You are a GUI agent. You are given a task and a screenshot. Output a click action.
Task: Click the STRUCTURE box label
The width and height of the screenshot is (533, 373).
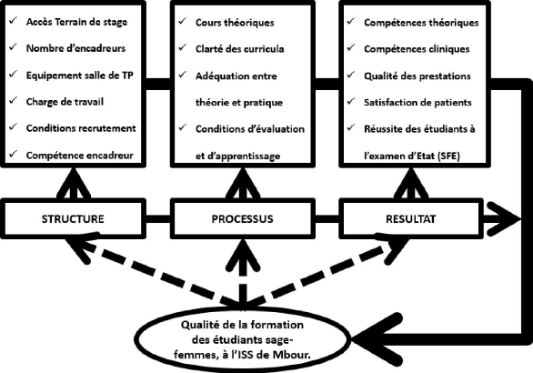(x=73, y=218)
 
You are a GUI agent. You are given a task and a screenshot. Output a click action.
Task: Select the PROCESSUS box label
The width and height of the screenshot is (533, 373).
(x=242, y=218)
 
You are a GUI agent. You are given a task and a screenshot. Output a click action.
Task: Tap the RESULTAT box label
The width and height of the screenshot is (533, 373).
(x=410, y=218)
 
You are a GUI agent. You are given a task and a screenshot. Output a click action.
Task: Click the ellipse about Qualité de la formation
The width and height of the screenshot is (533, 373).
(x=242, y=339)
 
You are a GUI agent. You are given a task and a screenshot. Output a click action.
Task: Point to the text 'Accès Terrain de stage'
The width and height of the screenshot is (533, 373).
(x=76, y=22)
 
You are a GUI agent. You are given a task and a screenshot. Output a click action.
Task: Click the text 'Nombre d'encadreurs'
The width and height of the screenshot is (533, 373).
(x=75, y=48)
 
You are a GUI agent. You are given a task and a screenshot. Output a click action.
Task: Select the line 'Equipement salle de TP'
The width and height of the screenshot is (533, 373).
(x=79, y=76)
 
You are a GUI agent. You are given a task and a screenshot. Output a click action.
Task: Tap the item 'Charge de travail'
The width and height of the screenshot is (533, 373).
(x=65, y=102)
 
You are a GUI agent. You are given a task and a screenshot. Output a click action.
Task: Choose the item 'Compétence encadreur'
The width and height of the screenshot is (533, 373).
(x=79, y=156)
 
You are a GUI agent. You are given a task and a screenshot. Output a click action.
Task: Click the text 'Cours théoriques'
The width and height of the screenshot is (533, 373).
(x=235, y=23)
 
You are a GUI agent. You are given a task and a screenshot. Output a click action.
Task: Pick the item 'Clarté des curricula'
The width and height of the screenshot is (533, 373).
(x=239, y=49)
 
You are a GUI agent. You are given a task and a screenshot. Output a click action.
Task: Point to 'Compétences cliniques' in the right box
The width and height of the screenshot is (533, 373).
(x=417, y=49)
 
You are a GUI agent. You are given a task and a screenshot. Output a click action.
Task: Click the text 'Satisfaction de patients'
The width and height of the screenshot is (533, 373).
(x=417, y=102)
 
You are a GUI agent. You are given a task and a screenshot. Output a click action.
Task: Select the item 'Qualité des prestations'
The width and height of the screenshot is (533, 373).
(x=417, y=76)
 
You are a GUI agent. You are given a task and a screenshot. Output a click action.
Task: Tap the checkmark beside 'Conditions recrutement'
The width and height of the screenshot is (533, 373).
(x=13, y=126)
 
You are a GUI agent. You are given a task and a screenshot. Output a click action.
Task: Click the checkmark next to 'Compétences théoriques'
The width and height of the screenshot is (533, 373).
(x=351, y=21)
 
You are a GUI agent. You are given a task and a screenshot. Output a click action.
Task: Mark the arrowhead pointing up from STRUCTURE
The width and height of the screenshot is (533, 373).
(x=74, y=183)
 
